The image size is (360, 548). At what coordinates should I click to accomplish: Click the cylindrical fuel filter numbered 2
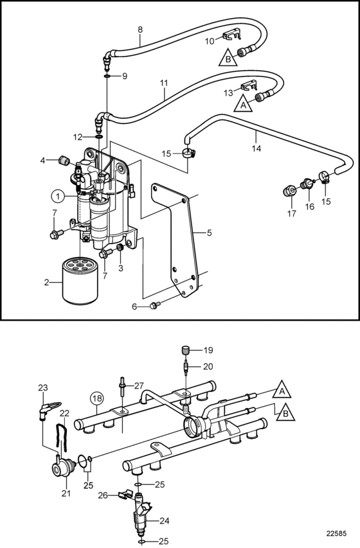tap(80, 279)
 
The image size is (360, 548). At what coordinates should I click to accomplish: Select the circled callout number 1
tap(59, 197)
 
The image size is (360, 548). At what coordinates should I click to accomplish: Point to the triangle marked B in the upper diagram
tap(228, 58)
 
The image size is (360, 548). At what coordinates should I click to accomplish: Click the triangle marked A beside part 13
tap(243, 104)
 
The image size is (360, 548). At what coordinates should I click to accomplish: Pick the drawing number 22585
tap(336, 534)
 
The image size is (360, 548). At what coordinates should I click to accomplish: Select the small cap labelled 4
tap(63, 161)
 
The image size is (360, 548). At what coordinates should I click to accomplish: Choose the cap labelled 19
tap(185, 349)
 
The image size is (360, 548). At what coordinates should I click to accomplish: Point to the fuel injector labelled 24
tap(142, 515)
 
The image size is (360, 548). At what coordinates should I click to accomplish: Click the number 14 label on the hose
tap(256, 148)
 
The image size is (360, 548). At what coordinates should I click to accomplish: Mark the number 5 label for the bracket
tap(209, 233)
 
